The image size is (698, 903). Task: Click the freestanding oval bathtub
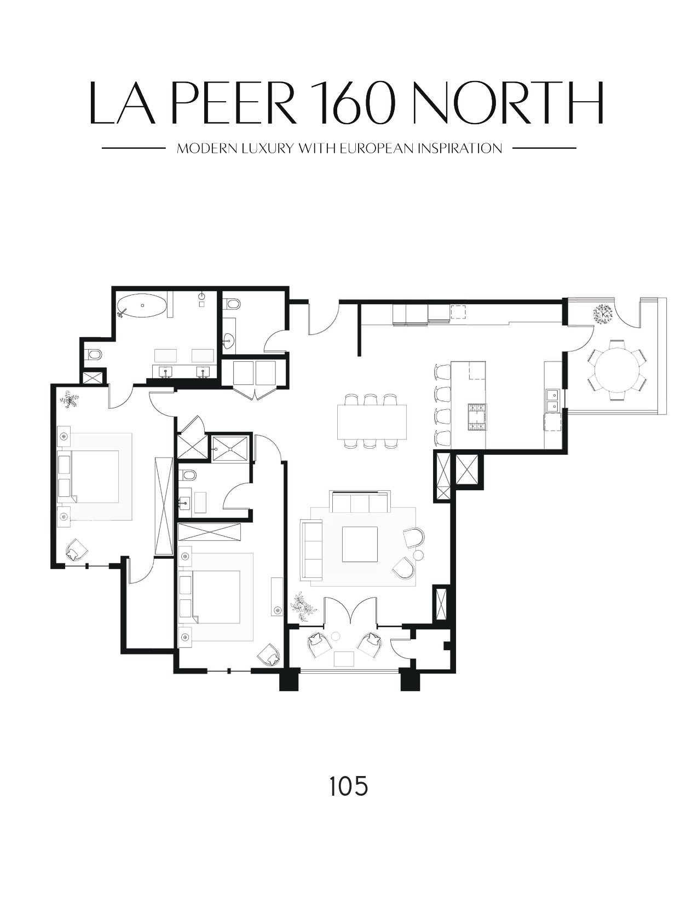click(143, 306)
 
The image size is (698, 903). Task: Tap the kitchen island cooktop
click(477, 417)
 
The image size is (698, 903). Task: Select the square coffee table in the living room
click(360, 544)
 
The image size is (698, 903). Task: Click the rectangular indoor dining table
click(372, 421)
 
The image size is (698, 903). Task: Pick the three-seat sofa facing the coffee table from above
click(360, 502)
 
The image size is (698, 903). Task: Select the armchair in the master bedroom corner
click(76, 551)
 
